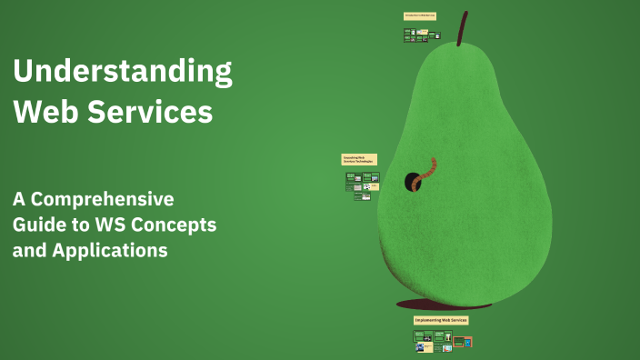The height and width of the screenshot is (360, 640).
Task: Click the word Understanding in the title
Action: click(122, 72)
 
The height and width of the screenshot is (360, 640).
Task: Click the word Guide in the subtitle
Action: click(38, 225)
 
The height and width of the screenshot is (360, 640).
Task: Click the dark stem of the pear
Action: click(463, 28)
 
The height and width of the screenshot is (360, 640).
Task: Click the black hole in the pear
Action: click(412, 181)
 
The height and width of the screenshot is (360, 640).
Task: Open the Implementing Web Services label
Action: click(441, 321)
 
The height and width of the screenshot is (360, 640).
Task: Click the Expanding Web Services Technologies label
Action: click(359, 159)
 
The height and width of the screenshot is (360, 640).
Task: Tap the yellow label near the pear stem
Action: click(420, 15)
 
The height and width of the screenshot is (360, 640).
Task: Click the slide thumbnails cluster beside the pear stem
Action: click(422, 35)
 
